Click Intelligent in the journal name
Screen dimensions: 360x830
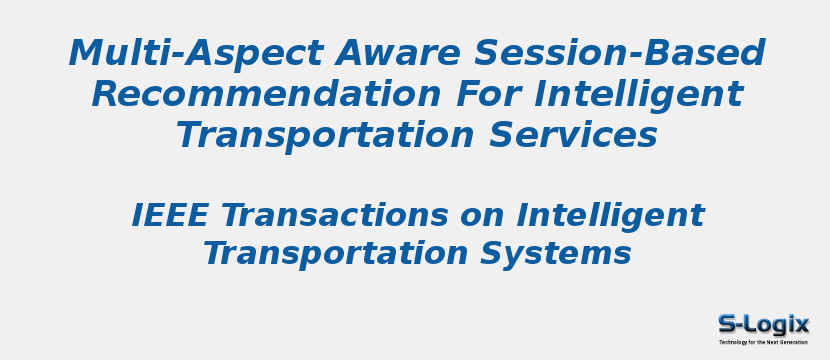(611, 215)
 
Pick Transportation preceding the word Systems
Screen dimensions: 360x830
(334, 253)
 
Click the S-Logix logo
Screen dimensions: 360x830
(763, 325)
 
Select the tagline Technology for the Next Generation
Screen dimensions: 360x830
(763, 342)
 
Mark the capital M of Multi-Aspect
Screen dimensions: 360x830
(88, 53)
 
